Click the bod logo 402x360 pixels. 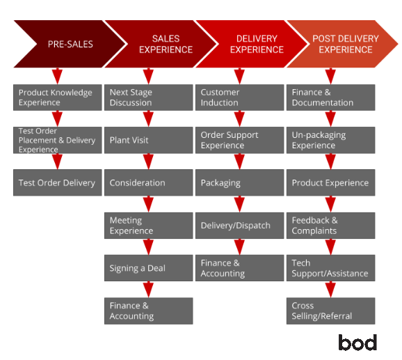pos(357,343)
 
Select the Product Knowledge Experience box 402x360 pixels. pos(58,97)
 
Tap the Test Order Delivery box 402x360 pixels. pos(58,182)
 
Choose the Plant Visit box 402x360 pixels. pos(148,140)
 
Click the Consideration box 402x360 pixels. pos(148,182)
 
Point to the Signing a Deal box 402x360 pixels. pos(148,268)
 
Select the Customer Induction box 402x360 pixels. pos(239,97)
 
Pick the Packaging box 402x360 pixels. pos(239,182)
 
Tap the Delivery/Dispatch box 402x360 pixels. pos(239,226)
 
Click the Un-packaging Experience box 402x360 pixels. pos(331,140)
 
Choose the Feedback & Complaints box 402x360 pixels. pos(331,226)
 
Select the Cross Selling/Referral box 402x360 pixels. pos(331,311)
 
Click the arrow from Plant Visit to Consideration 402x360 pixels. pos(148,162)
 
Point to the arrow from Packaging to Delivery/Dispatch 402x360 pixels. pos(239,204)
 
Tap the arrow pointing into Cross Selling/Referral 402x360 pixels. pos(331,290)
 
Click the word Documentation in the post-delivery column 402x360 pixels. pos(323,102)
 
